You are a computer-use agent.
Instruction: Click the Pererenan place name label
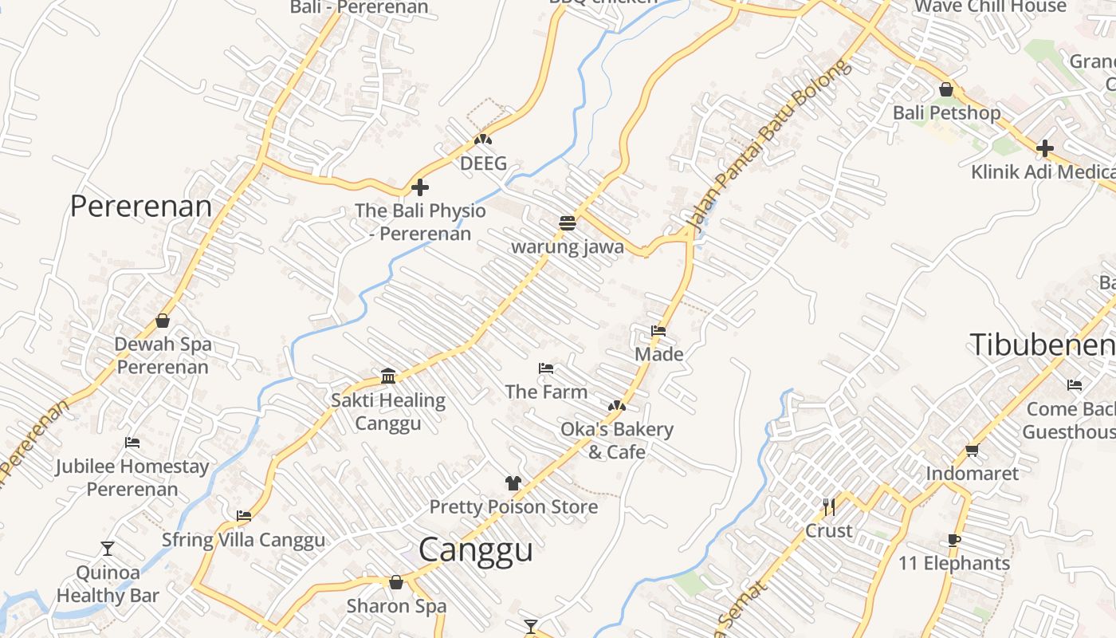tap(141, 206)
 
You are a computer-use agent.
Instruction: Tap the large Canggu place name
tap(475, 550)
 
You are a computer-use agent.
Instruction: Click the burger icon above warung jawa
tap(568, 223)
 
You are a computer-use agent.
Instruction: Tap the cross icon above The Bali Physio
tap(420, 188)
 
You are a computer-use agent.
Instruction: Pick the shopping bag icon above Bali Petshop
tap(946, 89)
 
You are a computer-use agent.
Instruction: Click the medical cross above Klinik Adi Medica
tap(1044, 148)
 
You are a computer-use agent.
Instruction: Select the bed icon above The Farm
tap(546, 368)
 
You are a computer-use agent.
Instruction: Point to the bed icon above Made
tap(658, 330)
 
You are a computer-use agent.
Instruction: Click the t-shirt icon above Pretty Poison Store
tap(513, 483)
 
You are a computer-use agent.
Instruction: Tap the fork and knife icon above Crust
tap(829, 506)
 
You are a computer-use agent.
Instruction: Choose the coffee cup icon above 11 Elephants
tap(954, 540)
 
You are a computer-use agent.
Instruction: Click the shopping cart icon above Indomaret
tap(973, 451)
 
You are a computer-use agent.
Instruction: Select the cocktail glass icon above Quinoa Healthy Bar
tap(108, 549)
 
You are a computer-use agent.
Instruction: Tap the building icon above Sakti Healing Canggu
tap(388, 376)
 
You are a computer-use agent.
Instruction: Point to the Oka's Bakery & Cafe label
tap(617, 440)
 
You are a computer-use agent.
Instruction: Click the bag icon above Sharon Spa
tap(396, 583)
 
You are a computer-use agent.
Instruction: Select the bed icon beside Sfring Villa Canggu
tap(244, 516)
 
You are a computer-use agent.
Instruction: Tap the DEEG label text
tap(483, 163)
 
